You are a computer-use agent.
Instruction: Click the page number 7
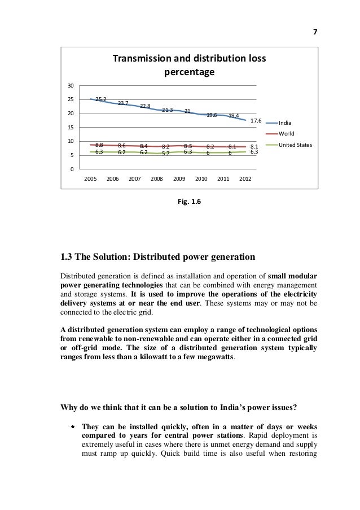tap(315, 32)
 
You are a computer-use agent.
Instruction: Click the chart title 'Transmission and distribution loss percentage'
tap(189, 66)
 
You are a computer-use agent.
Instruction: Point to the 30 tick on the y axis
tap(71, 86)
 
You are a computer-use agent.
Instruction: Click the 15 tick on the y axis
tap(71, 128)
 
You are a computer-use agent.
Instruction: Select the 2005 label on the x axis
tap(90, 178)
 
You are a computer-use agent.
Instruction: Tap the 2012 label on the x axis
tap(245, 178)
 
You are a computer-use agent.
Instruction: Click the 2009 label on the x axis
tap(179, 178)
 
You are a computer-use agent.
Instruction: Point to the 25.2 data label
tap(101, 99)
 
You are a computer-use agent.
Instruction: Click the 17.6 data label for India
tap(256, 121)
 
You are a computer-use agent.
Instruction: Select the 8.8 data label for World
tap(99, 145)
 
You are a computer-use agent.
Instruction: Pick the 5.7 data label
tap(165, 154)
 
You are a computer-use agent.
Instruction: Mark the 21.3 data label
tap(167, 110)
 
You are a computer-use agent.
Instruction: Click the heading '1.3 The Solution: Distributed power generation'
tap(157, 258)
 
